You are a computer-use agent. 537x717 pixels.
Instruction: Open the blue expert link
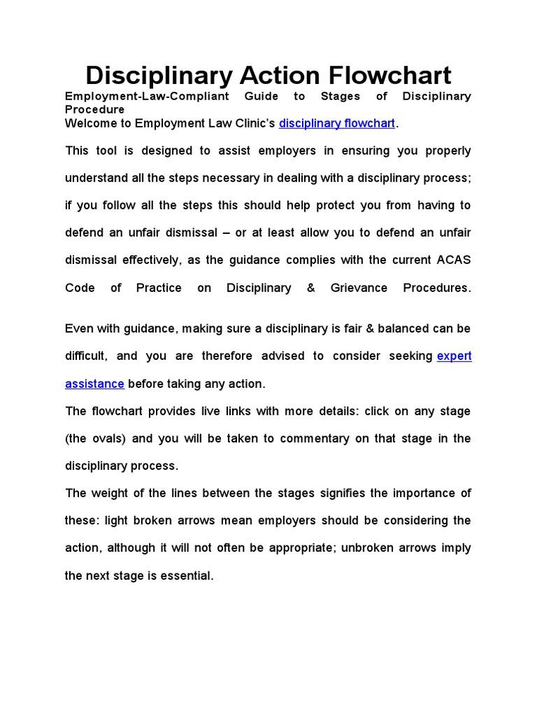click(454, 356)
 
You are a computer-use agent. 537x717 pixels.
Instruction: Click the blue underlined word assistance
click(94, 384)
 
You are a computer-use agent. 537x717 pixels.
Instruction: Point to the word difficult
click(85, 356)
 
